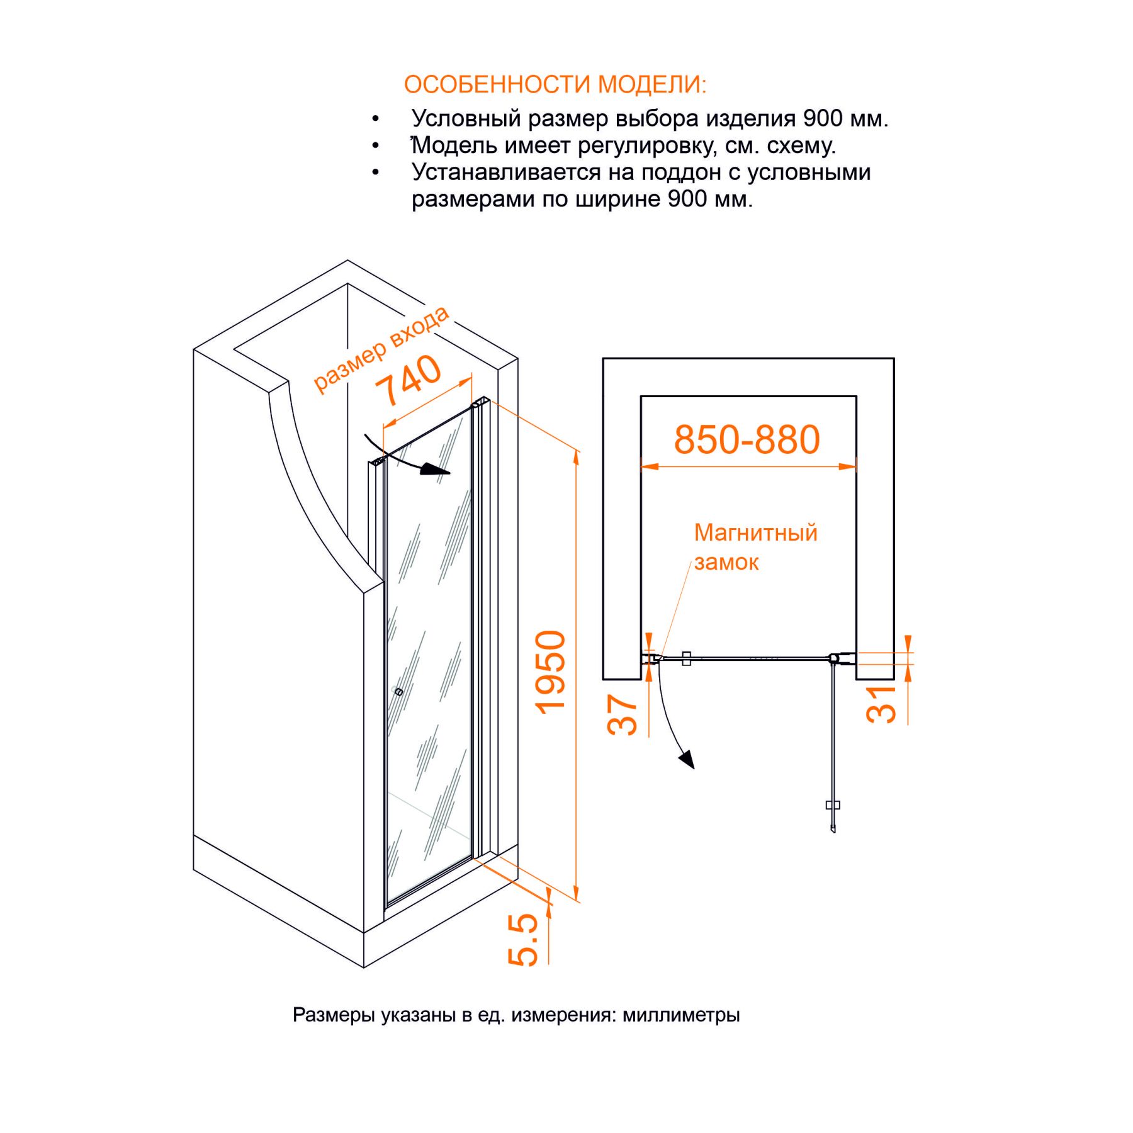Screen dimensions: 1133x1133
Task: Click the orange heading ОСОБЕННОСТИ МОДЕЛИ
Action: click(x=555, y=84)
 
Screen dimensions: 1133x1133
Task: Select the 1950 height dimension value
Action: click(x=551, y=672)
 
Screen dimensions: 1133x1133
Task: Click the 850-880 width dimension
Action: click(x=747, y=439)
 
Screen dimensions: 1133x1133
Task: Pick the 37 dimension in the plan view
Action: click(x=623, y=714)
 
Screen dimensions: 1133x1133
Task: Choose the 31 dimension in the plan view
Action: click(x=881, y=704)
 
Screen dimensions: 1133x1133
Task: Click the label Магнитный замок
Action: click(x=755, y=547)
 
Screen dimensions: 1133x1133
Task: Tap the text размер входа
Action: click(x=381, y=349)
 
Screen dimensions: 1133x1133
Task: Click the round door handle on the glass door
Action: click(x=398, y=692)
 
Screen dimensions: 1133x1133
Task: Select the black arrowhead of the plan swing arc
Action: click(x=687, y=759)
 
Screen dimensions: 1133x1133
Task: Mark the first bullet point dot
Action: click(x=376, y=118)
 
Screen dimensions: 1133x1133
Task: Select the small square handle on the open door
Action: click(x=833, y=805)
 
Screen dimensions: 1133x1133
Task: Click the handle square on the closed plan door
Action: click(x=687, y=658)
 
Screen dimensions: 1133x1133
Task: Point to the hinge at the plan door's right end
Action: click(x=833, y=658)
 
